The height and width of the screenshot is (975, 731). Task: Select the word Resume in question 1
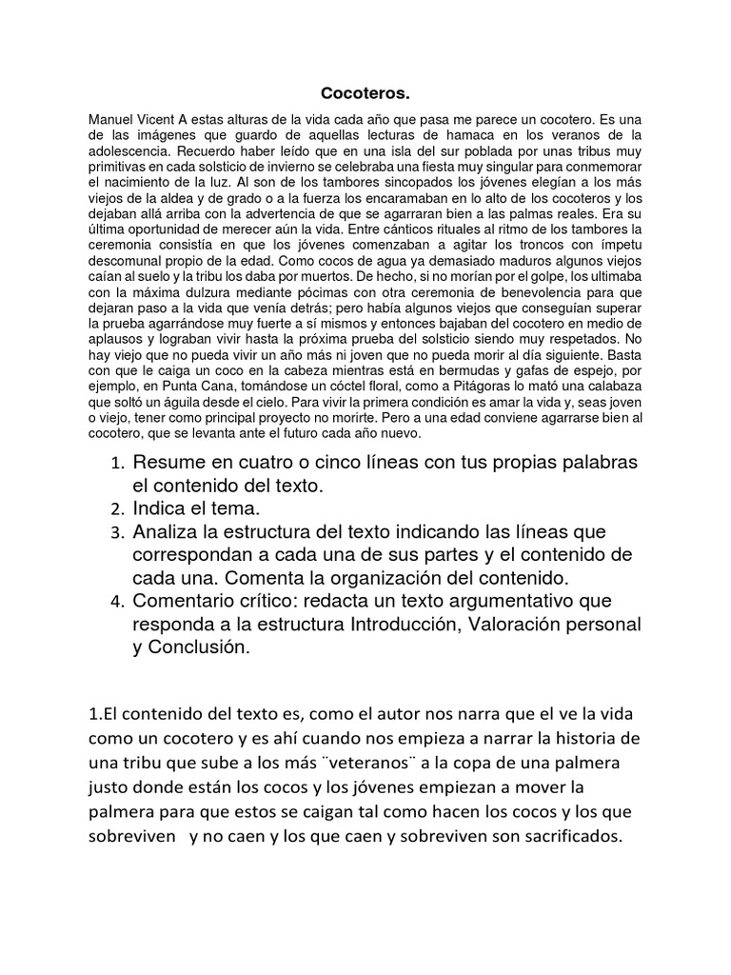(x=169, y=463)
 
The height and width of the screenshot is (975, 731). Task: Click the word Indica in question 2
(x=164, y=508)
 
